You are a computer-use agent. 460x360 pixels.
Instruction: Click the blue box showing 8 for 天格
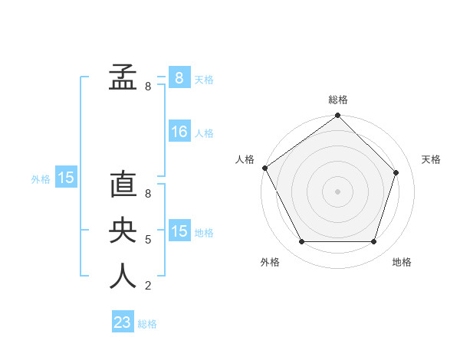click(x=179, y=78)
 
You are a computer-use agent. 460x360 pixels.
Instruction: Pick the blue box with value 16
click(x=179, y=132)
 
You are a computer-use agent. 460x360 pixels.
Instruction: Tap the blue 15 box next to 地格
click(x=179, y=231)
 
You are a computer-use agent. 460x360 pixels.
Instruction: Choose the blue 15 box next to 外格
click(x=66, y=178)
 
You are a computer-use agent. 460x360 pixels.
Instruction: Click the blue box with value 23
click(x=123, y=322)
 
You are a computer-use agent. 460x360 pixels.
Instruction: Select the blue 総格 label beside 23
click(x=147, y=324)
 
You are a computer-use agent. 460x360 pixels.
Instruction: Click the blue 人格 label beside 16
click(x=204, y=133)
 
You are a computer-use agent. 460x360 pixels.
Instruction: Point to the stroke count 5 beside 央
click(x=147, y=240)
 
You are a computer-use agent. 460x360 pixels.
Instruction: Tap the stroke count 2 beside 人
click(x=147, y=286)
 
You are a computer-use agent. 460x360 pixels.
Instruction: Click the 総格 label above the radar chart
click(x=338, y=100)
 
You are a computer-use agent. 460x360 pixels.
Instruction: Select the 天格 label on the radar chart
click(x=431, y=159)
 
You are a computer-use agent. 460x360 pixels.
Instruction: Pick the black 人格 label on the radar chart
click(x=245, y=159)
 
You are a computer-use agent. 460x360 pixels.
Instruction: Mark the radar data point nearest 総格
click(x=338, y=116)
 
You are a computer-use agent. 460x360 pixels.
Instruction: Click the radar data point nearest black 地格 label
click(x=374, y=242)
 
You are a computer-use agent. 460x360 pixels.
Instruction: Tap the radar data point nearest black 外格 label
click(x=301, y=242)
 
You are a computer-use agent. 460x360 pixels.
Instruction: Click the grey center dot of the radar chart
click(x=338, y=191)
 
